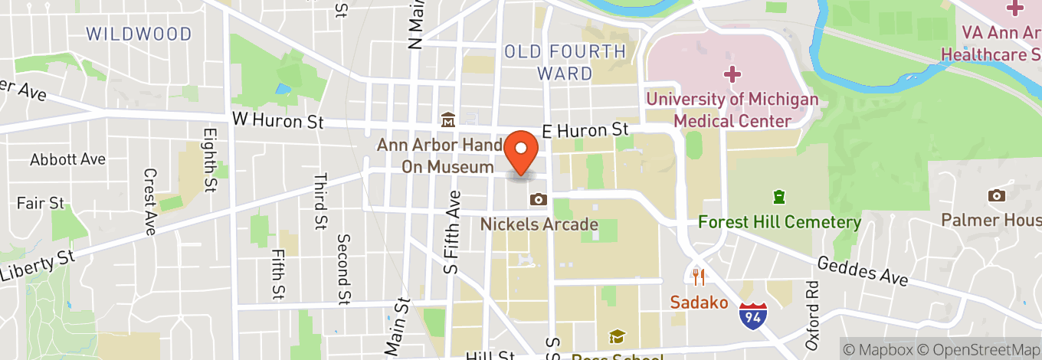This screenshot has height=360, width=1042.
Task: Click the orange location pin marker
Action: (x=523, y=153)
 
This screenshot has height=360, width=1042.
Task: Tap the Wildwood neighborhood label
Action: (x=139, y=34)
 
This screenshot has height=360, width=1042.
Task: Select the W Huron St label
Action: (x=278, y=121)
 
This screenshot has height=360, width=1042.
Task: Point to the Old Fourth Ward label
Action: (x=565, y=63)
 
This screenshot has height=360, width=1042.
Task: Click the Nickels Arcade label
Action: (x=539, y=224)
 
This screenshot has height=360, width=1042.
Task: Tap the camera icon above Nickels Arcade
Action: (x=539, y=200)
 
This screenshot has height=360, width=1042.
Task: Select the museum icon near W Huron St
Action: (x=447, y=120)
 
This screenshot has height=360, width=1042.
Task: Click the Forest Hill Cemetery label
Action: (x=779, y=222)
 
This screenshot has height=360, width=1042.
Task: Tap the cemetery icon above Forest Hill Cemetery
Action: (x=779, y=197)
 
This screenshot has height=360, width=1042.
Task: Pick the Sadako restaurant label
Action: (x=699, y=302)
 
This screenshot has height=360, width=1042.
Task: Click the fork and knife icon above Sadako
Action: (x=698, y=276)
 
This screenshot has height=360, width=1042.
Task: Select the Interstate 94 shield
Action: (x=752, y=316)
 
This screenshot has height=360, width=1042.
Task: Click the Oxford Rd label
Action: (x=811, y=315)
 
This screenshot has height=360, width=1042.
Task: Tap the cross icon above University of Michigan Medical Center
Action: (x=733, y=74)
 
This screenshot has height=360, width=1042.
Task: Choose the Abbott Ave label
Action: (x=67, y=159)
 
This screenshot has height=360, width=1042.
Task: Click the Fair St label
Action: (x=41, y=203)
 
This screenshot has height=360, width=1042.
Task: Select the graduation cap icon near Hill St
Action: (x=616, y=336)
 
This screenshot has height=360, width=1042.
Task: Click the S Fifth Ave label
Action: (x=452, y=232)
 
